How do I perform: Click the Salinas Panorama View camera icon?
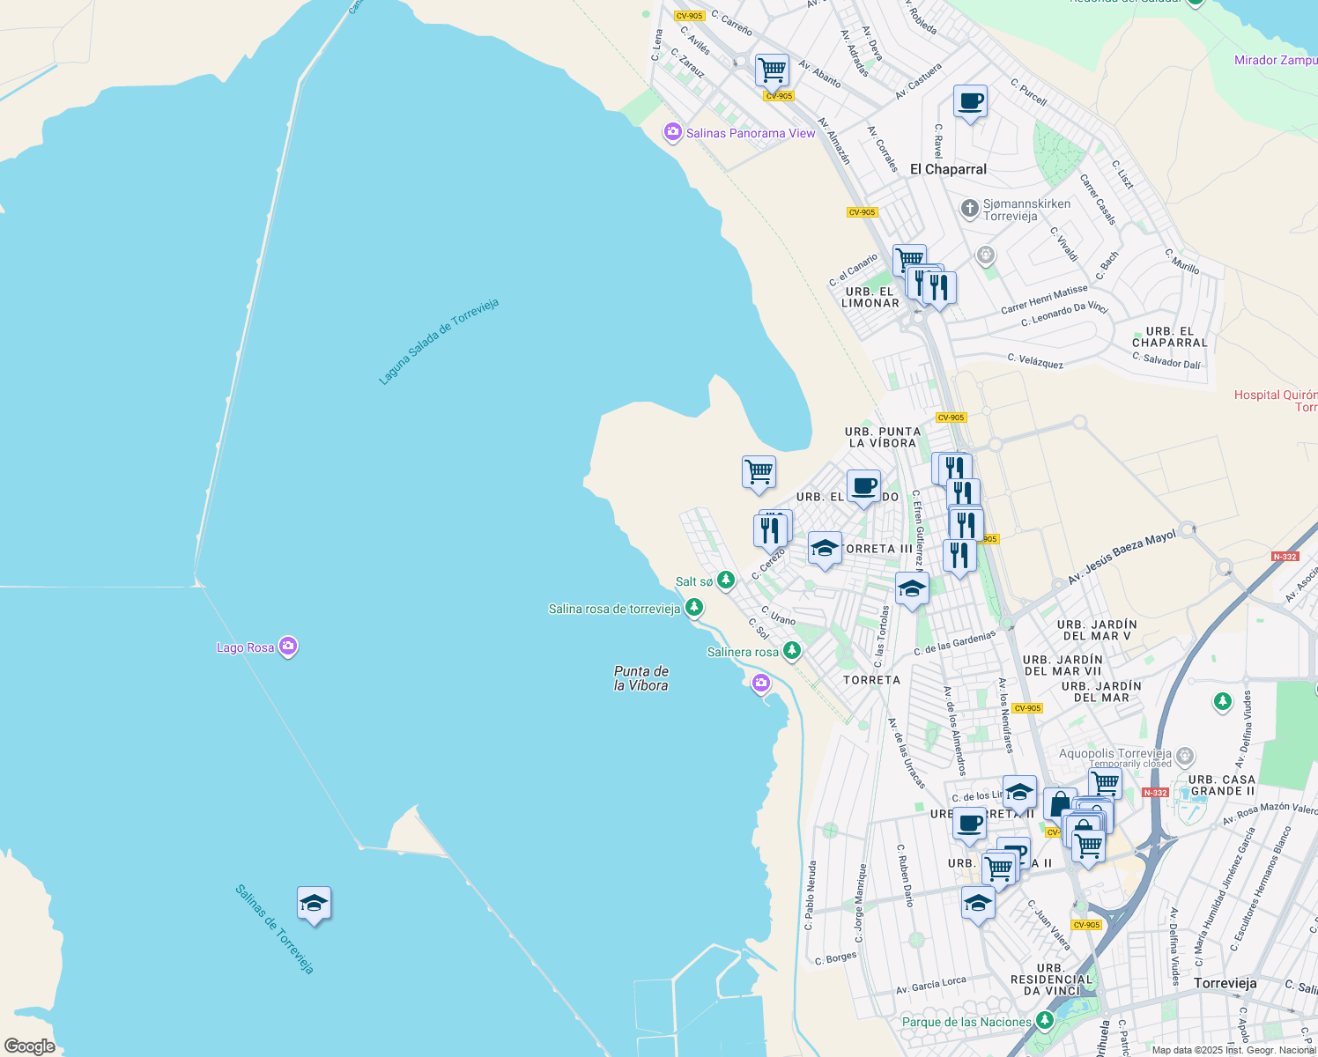(673, 132)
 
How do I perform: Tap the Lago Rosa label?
(246, 647)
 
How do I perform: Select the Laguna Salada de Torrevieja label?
(439, 342)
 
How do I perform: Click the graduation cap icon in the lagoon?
(314, 903)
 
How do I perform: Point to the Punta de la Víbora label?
(640, 678)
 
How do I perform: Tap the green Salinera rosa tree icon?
(792, 651)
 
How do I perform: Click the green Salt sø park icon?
(726, 580)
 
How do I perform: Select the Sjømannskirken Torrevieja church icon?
(969, 209)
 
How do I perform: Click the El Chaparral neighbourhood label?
(948, 169)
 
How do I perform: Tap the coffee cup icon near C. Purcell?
(970, 101)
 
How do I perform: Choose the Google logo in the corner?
(29, 1046)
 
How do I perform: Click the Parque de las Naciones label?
(966, 1022)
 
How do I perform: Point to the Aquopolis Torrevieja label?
(1115, 753)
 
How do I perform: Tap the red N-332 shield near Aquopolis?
(1155, 793)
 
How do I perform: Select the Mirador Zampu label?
(1275, 60)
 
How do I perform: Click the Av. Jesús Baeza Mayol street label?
(1122, 557)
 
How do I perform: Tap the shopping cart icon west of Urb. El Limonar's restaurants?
(909, 259)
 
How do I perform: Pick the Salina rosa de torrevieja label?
(614, 609)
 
